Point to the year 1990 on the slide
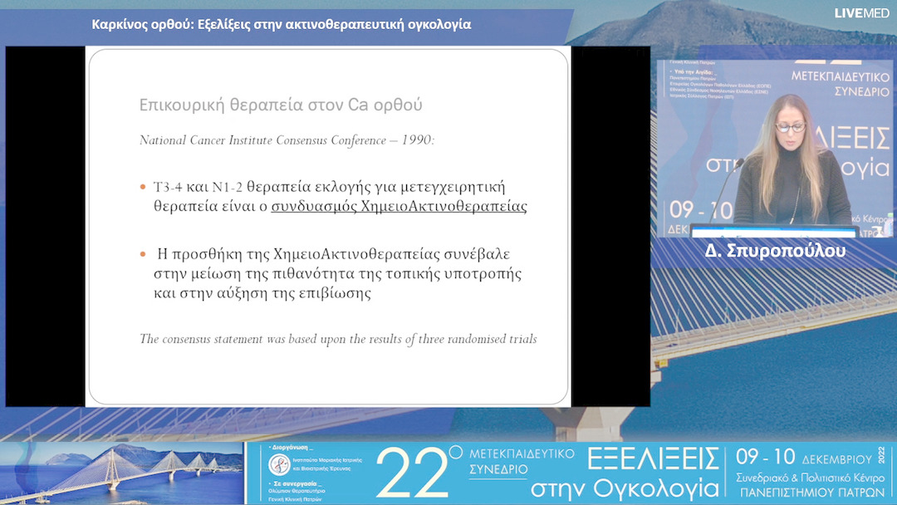416,140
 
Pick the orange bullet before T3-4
144,186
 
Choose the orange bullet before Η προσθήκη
144,253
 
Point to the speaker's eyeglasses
790,127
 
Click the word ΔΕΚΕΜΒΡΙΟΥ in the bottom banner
837,458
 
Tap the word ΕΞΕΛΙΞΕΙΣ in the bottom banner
653,458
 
